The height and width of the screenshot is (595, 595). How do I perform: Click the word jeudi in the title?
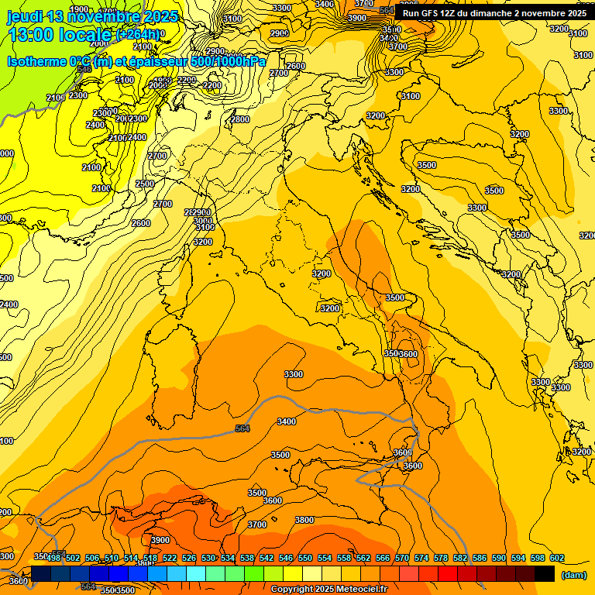pyautogui.click(x=25, y=16)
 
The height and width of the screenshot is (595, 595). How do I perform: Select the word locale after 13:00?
pyautogui.click(x=87, y=34)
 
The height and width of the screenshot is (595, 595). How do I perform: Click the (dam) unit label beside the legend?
pyautogui.click(x=573, y=575)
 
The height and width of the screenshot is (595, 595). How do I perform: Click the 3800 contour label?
pyautogui.click(x=304, y=520)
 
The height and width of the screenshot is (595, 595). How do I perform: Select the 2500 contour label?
pyautogui.click(x=145, y=184)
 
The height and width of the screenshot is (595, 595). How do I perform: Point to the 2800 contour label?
pyautogui.click(x=240, y=119)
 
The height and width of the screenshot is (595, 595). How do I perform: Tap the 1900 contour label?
pyautogui.click(x=79, y=9)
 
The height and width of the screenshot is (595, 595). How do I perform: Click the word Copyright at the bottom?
pyautogui.click(x=292, y=590)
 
